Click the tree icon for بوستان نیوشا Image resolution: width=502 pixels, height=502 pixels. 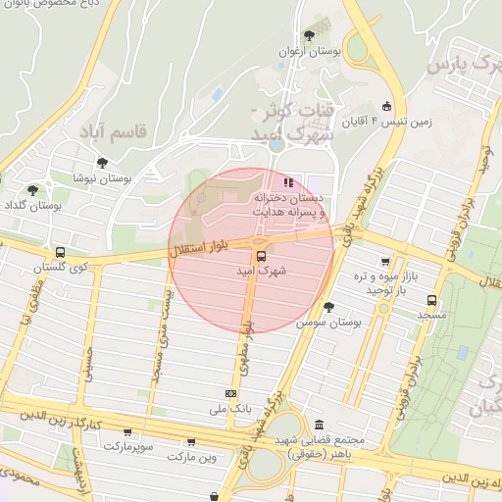[101, 163]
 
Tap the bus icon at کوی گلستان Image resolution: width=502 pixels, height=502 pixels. [61, 252]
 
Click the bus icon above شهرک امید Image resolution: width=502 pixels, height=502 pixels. [261, 255]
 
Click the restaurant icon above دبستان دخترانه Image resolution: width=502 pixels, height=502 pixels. [288, 181]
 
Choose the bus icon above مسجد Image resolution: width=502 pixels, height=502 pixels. [432, 301]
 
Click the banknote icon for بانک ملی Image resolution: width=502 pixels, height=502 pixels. [230, 394]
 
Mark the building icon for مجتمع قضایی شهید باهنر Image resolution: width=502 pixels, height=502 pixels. [320, 425]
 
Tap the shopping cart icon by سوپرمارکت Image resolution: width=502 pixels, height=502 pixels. [127, 431]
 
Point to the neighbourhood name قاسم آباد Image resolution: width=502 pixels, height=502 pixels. [116, 129]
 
